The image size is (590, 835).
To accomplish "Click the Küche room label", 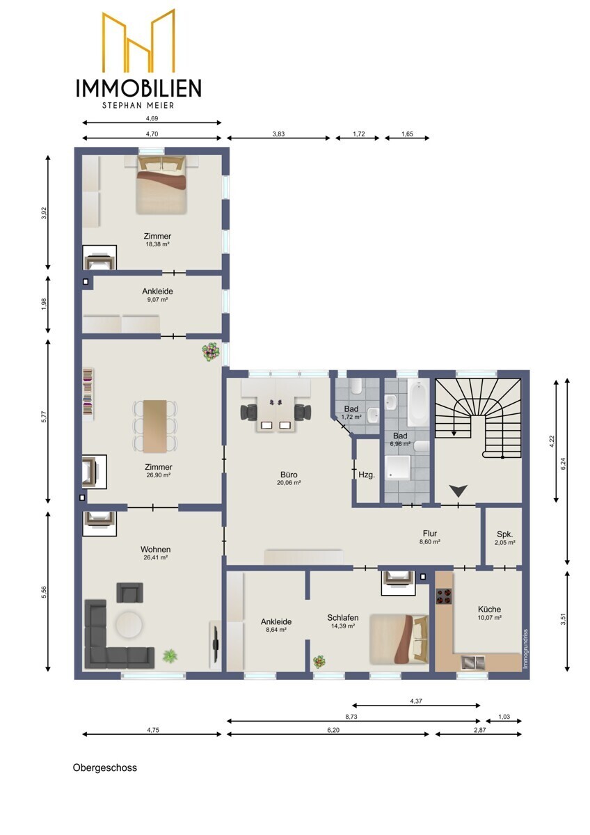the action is tap(489, 609).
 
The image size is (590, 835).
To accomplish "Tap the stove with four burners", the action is tap(444, 596).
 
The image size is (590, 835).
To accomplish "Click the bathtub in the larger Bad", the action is tap(418, 403).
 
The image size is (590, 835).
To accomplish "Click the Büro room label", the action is tap(289, 475).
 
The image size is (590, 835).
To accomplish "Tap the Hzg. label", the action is tap(367, 475).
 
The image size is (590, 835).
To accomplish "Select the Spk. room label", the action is tap(504, 534).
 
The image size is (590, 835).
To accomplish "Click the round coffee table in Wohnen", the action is tap(129, 624).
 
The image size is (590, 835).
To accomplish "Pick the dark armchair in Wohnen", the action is tap(129, 593).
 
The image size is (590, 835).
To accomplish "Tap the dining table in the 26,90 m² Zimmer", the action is tap(154, 427).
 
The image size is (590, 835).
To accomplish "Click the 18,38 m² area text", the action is tap(158, 244).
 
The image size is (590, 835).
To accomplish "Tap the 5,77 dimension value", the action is tap(44, 416).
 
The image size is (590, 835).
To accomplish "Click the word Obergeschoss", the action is tap(105, 768).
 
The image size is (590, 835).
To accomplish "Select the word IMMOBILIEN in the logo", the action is tap(138, 88).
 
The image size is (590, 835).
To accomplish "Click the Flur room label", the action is tap(430, 534).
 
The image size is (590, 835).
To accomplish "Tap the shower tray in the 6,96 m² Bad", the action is tap(397, 468).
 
